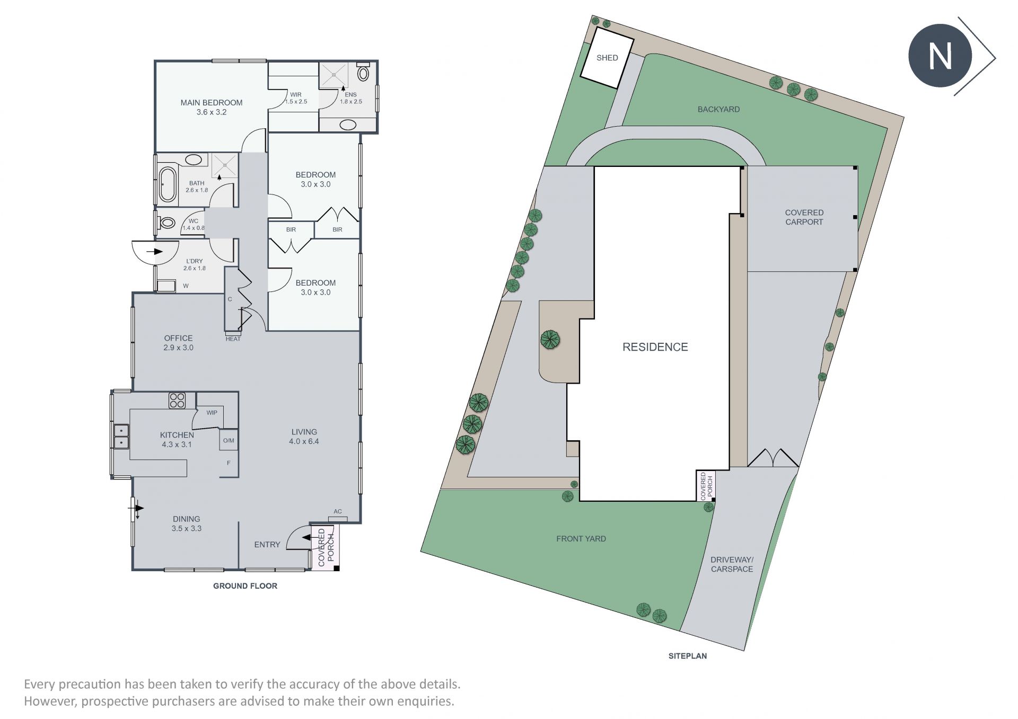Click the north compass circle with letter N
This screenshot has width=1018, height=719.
click(x=940, y=56)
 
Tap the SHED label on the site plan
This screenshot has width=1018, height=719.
click(x=607, y=58)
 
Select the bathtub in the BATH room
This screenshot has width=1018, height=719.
click(x=168, y=184)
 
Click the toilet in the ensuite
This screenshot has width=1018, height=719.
click(x=363, y=72)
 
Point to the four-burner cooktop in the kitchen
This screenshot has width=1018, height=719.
click(x=177, y=401)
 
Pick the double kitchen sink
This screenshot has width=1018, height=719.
click(x=121, y=436)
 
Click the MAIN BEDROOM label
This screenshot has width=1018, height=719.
click(x=212, y=103)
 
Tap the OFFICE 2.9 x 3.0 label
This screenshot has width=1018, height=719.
click(x=178, y=343)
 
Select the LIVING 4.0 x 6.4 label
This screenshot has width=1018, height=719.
click(x=304, y=437)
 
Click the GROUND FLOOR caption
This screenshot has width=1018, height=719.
click(x=245, y=585)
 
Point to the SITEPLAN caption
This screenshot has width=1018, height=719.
click(x=687, y=656)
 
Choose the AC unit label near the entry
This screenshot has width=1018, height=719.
click(x=338, y=512)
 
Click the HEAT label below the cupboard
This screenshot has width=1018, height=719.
click(x=233, y=339)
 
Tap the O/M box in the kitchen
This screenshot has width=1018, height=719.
click(x=229, y=440)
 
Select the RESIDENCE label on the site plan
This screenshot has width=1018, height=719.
click(x=655, y=347)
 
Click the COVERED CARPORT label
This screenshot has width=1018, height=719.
click(x=804, y=217)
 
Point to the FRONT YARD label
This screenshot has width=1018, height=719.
click(x=581, y=538)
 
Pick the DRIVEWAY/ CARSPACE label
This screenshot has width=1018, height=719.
click(x=732, y=564)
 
